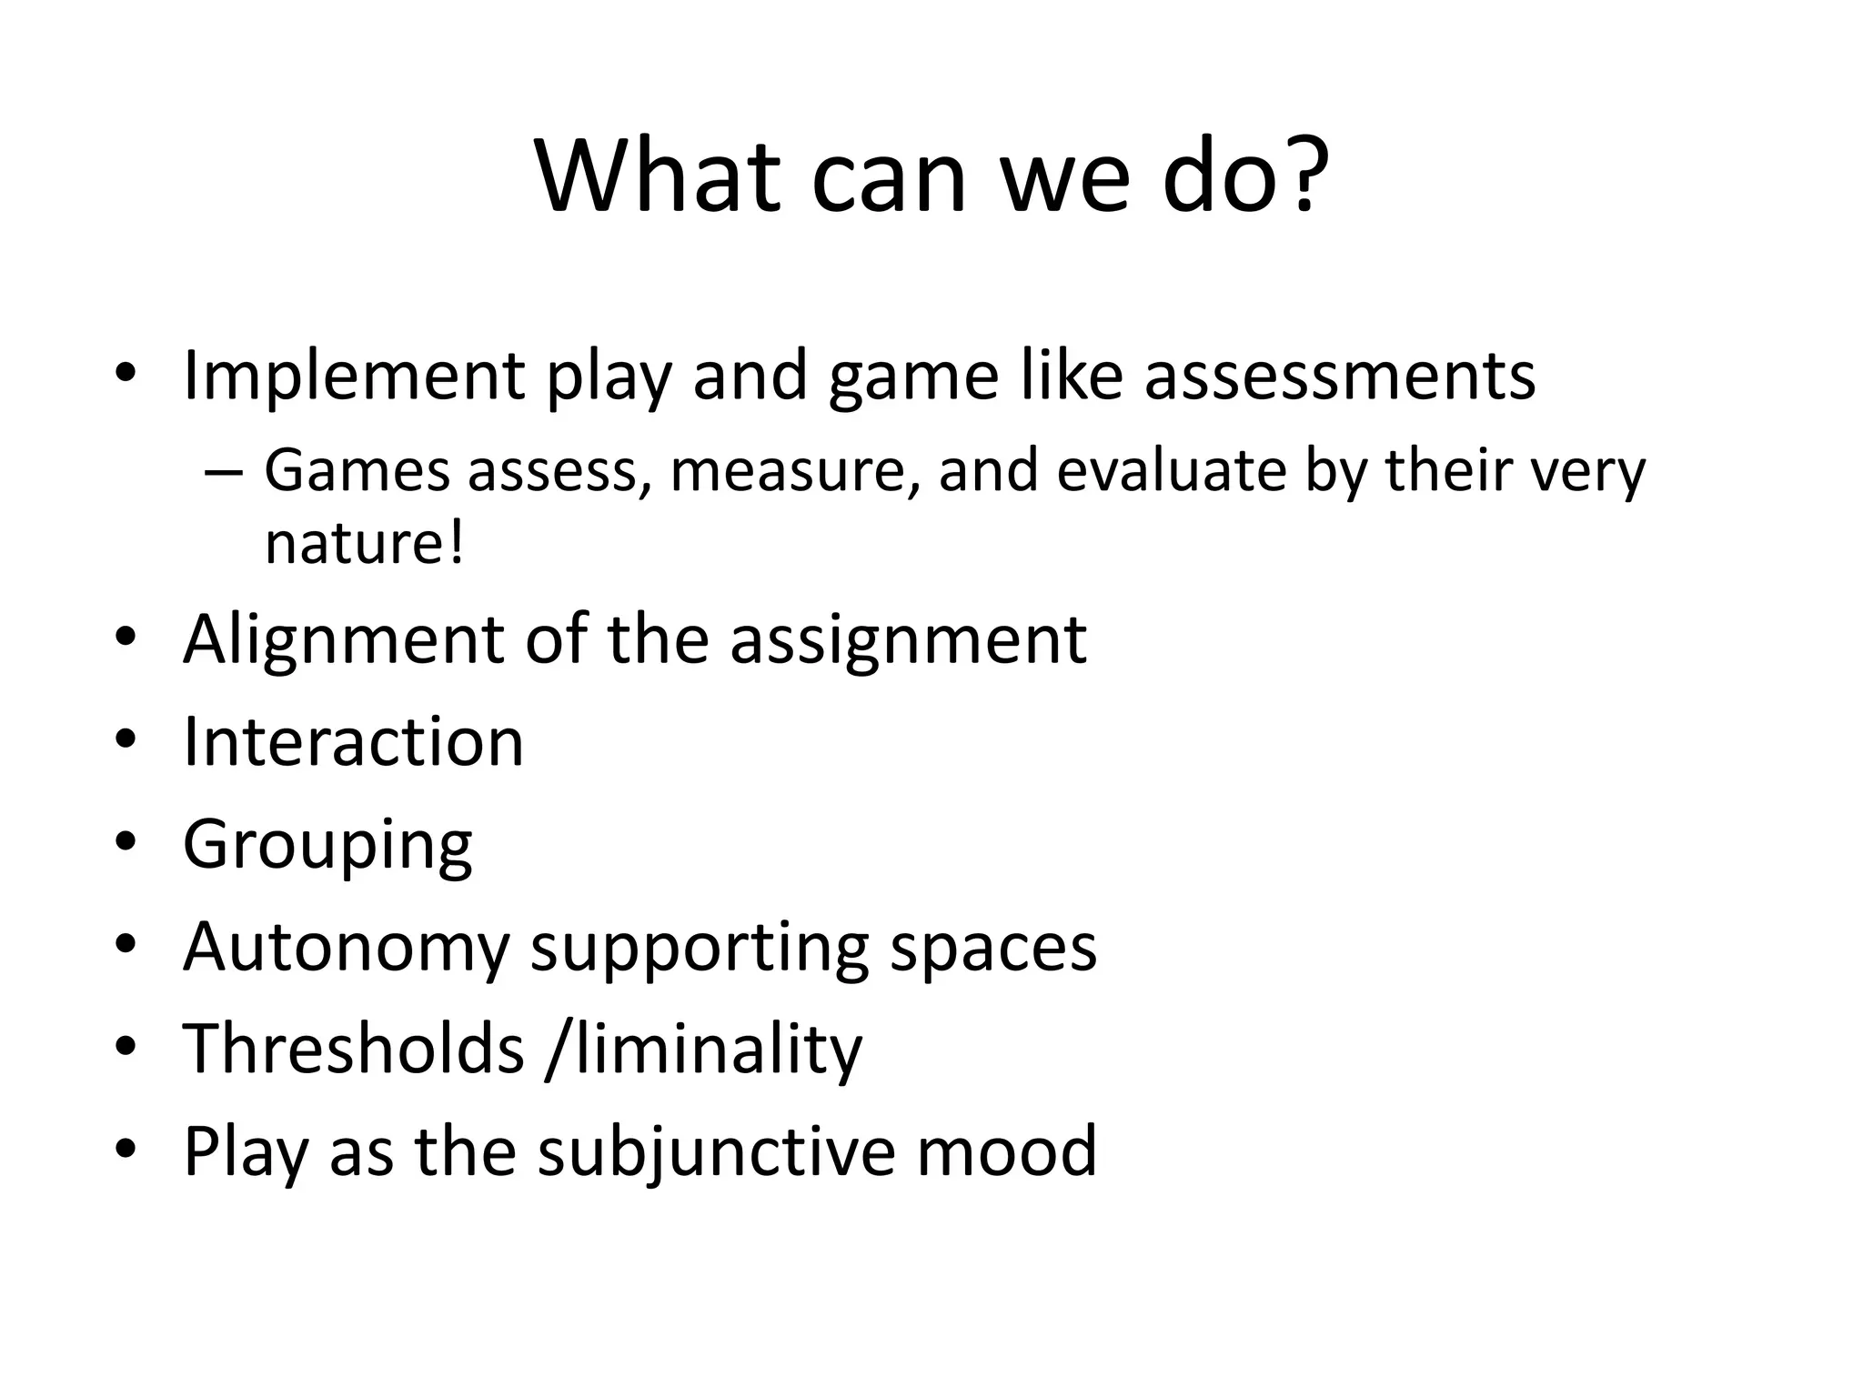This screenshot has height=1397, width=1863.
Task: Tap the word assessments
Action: (x=1339, y=375)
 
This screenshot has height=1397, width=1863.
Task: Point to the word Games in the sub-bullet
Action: (x=357, y=471)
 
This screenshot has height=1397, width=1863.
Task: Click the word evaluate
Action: (x=1172, y=471)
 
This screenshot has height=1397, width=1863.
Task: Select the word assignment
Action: (x=908, y=639)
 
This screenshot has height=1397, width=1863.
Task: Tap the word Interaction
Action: (x=353, y=741)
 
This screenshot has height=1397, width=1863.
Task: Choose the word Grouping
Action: (x=327, y=845)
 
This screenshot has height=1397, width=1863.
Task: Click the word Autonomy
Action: (x=346, y=948)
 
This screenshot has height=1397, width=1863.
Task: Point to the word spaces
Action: (x=993, y=948)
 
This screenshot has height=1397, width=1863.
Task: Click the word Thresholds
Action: (x=354, y=1049)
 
